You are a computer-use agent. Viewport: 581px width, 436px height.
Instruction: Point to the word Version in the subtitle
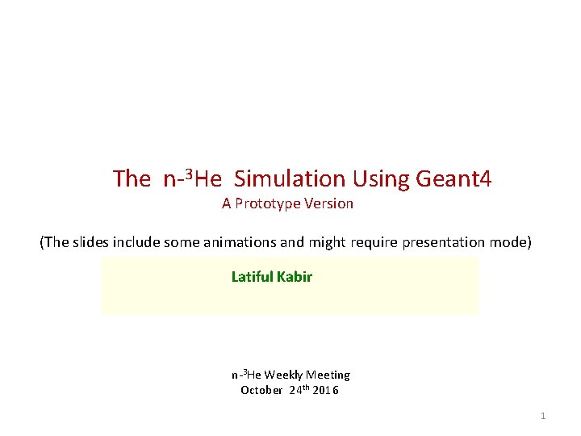328,204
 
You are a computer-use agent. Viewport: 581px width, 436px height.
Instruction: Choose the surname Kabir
295,277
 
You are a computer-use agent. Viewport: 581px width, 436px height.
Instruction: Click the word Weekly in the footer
283,375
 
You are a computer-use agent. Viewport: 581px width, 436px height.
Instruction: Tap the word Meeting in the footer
328,375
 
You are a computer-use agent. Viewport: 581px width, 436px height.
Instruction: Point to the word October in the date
262,391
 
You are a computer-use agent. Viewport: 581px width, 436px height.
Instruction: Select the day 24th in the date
298,391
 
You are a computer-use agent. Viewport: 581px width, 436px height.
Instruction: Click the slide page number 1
543,416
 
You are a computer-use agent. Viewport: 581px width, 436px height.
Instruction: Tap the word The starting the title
132,178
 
